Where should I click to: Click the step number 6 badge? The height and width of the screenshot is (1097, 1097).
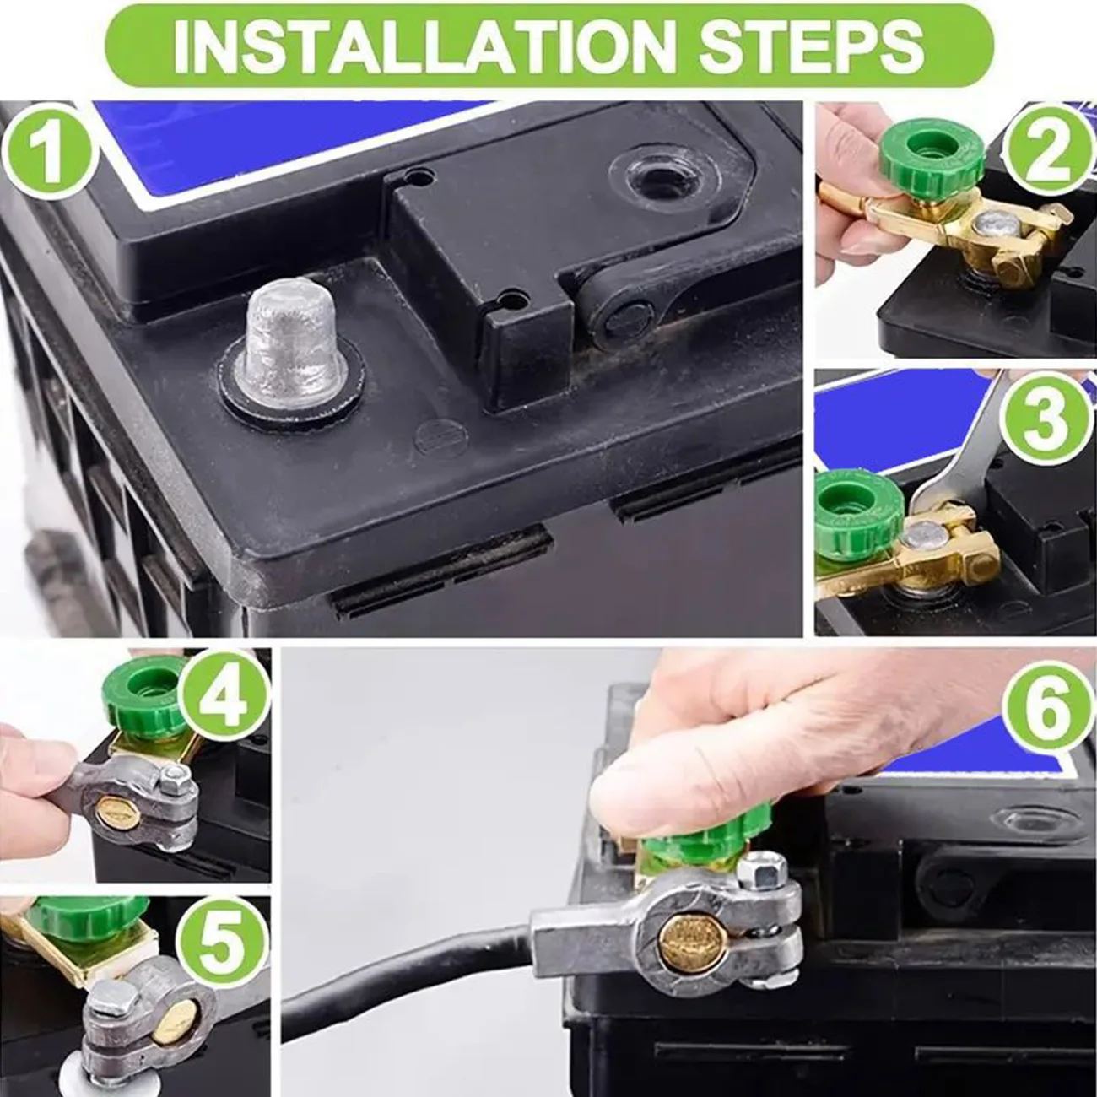pos(1047,711)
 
